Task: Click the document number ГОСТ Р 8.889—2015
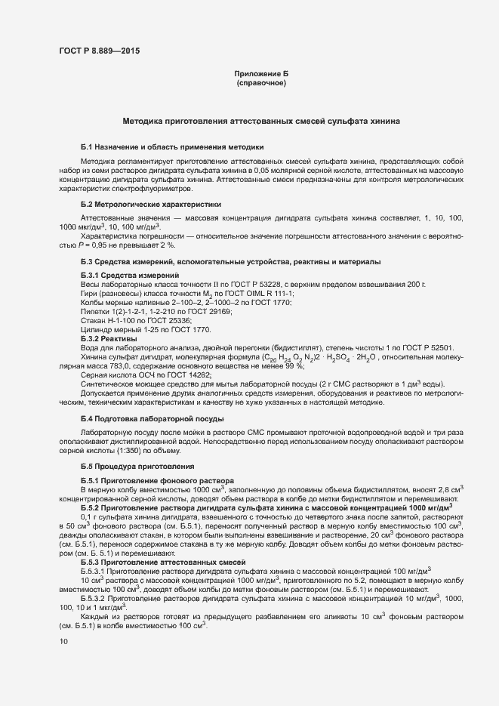point(99,51)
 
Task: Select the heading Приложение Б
point(261,73)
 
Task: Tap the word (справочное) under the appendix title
point(261,82)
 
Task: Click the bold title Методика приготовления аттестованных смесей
point(261,121)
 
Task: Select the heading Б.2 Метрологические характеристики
point(151,204)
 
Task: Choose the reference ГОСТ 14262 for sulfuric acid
point(187,375)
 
